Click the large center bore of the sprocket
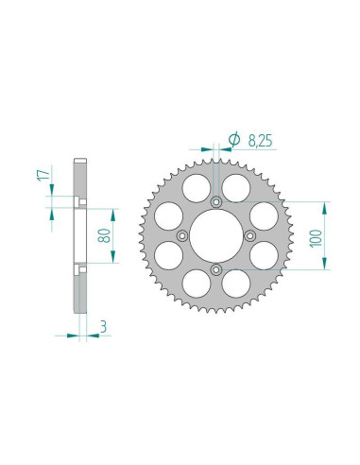[x=216, y=236]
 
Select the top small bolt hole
[x=216, y=202]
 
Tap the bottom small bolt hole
[x=216, y=270]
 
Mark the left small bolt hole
[x=182, y=236]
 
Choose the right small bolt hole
[x=250, y=236]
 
